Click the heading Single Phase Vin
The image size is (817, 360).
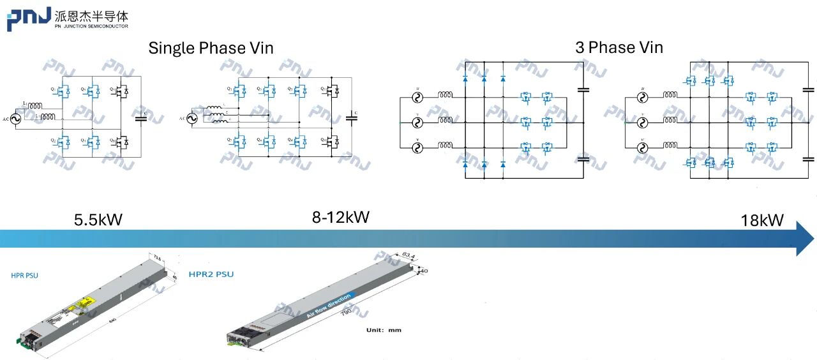pyautogui.click(x=211, y=48)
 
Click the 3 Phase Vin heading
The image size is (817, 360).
pyautogui.click(x=619, y=47)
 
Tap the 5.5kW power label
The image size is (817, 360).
pyautogui.click(x=98, y=220)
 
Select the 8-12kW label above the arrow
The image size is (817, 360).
pyautogui.click(x=340, y=217)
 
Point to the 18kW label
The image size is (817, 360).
pyautogui.click(x=761, y=221)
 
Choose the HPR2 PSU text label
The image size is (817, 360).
pyautogui.click(x=211, y=274)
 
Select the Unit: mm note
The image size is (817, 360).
pyautogui.click(x=384, y=330)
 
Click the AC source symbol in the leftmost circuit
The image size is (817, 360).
pyautogui.click(x=12, y=118)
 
